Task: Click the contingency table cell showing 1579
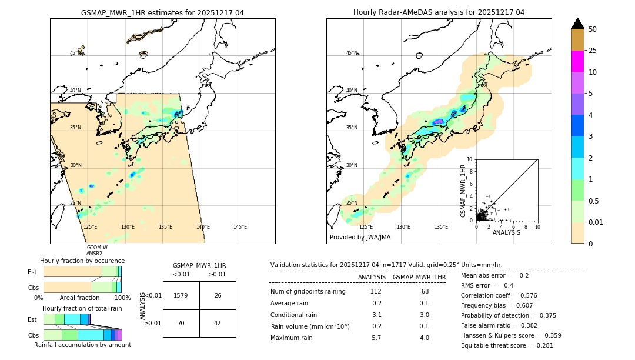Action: [181, 295]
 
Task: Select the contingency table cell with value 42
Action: [218, 323]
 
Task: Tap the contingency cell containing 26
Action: [218, 295]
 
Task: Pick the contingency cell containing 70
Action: [181, 323]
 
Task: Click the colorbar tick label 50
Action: [593, 29]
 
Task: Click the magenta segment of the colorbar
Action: [578, 61]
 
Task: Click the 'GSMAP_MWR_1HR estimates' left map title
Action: [162, 12]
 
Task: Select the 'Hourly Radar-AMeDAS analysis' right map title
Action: [439, 12]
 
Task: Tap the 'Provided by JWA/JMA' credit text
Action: [360, 237]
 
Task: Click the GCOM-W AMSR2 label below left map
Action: [97, 251]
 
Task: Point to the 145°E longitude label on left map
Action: [240, 227]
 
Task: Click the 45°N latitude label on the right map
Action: [351, 53]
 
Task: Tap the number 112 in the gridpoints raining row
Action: [376, 291]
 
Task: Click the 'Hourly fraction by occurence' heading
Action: [82, 261]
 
